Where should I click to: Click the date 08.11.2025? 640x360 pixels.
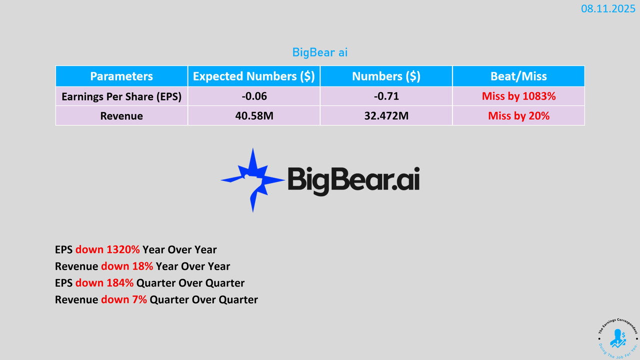[x=608, y=8]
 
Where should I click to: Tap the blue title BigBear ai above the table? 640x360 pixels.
[x=320, y=52]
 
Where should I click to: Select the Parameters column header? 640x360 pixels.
[x=121, y=76]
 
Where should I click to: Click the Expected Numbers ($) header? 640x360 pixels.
[x=253, y=76]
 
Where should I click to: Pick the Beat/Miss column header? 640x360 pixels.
[x=518, y=76]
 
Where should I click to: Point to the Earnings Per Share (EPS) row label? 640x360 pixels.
[x=121, y=96]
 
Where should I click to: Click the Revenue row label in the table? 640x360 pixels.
[x=121, y=116]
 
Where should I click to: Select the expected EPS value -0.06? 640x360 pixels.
[x=254, y=96]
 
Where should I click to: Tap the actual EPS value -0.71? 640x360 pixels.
[x=386, y=96]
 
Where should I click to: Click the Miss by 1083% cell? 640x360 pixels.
[x=518, y=96]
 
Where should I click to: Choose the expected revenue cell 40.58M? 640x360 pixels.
[x=254, y=116]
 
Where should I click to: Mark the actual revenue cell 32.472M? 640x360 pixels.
[x=386, y=116]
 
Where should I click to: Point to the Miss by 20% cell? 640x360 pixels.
[x=518, y=116]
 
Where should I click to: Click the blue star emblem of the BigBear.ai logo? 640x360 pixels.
[x=252, y=180]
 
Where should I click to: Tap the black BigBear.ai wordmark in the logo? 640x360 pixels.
[x=353, y=180]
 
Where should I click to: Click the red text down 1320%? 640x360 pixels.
[x=107, y=249]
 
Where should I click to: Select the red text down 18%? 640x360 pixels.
[x=127, y=266]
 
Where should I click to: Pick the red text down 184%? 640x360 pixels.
[x=104, y=283]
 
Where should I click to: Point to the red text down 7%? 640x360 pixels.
[x=124, y=299]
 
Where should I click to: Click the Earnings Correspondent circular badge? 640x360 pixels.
[x=617, y=338]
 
